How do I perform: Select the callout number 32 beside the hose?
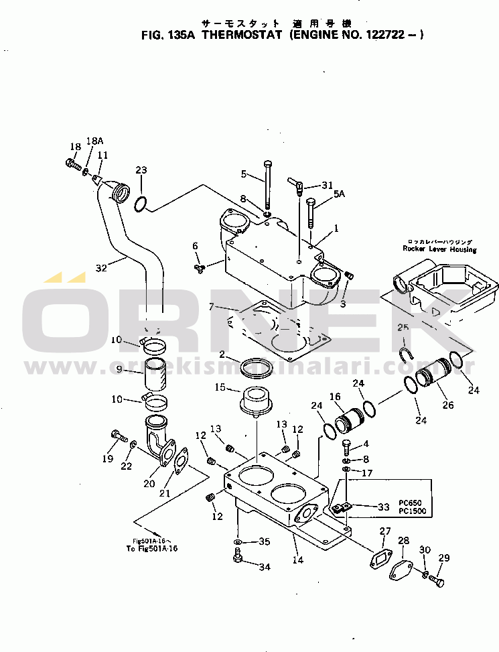point(101,268)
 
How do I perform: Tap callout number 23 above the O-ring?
point(141,170)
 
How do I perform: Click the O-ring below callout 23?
point(140,202)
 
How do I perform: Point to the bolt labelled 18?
point(73,162)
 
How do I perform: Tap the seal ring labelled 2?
point(256,367)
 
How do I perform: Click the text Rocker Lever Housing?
point(439,249)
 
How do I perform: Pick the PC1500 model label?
point(412,511)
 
